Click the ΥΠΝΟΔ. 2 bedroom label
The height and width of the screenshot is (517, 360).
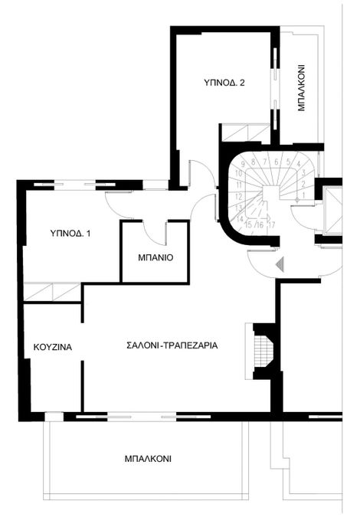click(x=224, y=83)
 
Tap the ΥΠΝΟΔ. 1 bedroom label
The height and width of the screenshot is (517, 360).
click(x=70, y=234)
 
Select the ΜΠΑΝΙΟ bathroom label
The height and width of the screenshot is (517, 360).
click(x=155, y=257)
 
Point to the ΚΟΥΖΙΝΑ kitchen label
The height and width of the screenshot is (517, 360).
click(x=53, y=347)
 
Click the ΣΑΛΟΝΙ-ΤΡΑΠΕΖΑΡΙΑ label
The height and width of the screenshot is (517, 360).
click(x=172, y=345)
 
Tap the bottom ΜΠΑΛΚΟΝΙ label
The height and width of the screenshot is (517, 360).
click(x=148, y=459)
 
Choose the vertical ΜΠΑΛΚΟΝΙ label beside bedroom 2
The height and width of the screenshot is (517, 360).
click(x=301, y=87)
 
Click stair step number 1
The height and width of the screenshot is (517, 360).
click(x=303, y=195)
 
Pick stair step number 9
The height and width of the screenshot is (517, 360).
click(x=244, y=164)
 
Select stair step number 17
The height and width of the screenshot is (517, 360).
click(x=272, y=225)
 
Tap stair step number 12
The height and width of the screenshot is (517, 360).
click(x=239, y=197)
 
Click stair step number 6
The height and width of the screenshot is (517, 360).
click(x=277, y=162)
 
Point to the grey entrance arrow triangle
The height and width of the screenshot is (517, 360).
click(x=280, y=265)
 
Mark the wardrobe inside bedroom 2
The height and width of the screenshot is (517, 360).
click(x=246, y=133)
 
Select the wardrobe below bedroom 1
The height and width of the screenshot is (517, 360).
click(x=53, y=292)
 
